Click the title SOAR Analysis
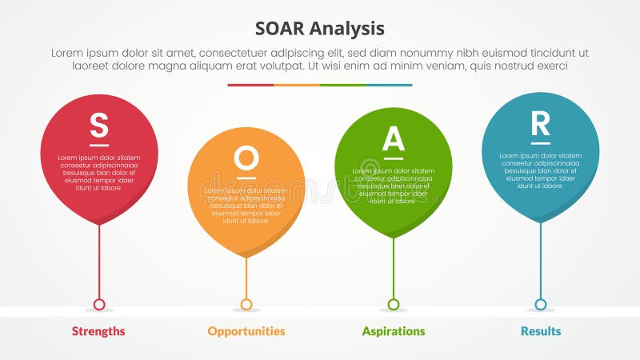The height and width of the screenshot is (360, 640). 320,29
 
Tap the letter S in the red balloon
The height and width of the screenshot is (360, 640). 98,125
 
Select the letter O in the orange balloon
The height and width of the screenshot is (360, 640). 246,158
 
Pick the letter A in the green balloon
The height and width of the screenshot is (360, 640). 393,138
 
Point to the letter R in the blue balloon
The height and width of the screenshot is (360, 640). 541,123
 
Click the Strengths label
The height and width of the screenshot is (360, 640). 98,331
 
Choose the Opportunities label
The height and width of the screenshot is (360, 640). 246,331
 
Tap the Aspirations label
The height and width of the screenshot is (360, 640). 393,331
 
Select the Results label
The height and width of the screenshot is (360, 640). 541,331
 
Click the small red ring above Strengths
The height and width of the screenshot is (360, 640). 99,304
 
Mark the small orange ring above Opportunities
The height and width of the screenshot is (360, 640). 246,304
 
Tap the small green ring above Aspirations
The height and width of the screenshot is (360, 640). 394,304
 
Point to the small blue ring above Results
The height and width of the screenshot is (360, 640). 541,304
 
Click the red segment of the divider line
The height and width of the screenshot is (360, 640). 250,85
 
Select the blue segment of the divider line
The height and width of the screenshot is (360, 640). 389,85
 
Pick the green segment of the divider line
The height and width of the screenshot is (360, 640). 343,85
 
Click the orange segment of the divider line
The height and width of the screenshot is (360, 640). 297,85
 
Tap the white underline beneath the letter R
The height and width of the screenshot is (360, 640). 541,143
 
